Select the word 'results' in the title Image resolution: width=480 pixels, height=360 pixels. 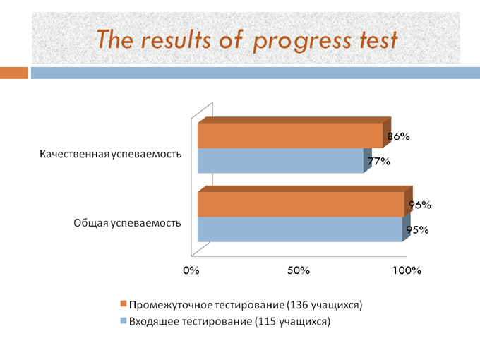coord(176,40)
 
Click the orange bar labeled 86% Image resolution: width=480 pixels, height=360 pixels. coord(290,136)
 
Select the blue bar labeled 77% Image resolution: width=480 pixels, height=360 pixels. coord(280,161)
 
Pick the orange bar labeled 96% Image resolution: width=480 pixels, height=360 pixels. coord(301,205)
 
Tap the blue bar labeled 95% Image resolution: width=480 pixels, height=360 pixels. coord(300,229)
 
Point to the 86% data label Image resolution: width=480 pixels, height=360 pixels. coord(398,136)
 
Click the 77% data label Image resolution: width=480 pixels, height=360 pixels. coord(379,162)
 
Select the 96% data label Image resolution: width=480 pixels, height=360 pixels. coord(420,205)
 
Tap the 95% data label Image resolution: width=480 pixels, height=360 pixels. coord(418,230)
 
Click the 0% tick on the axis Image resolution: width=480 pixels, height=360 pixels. coord(191,270)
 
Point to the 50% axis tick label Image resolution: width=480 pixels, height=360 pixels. coord(299,270)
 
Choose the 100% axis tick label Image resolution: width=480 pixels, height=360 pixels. coord(407,270)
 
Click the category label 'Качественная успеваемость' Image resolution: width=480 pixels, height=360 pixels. coord(111,154)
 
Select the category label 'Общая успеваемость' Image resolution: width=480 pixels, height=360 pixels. coord(127,223)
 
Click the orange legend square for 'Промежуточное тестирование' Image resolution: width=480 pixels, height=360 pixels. coord(124,304)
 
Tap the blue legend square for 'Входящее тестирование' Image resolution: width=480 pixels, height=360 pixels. coord(124,320)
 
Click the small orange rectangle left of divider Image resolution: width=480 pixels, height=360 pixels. coord(14,73)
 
